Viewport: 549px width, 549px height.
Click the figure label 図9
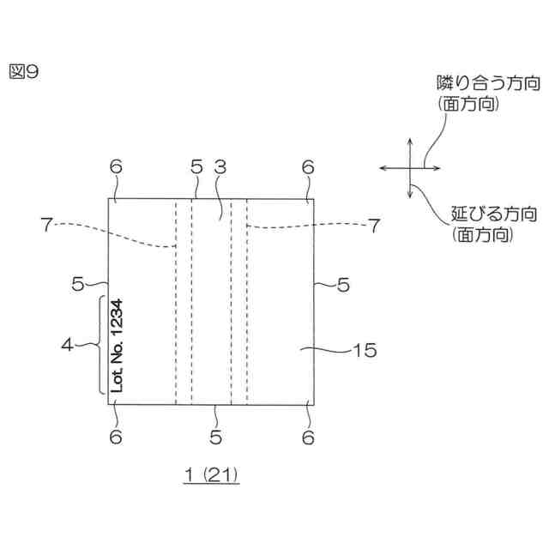point(25,73)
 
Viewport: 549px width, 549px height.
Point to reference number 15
point(364,349)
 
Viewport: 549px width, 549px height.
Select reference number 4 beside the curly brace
point(68,345)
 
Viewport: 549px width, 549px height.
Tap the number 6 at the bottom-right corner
point(308,436)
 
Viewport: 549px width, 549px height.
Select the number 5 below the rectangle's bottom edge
point(214,436)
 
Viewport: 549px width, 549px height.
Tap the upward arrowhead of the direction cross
point(410,142)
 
